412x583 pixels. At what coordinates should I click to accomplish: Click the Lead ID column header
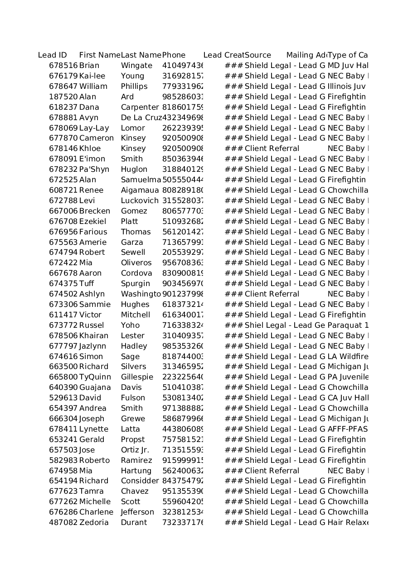click(x=52, y=55)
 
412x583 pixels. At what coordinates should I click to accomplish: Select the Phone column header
click(x=174, y=55)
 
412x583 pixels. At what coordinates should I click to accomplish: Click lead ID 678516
click(x=63, y=66)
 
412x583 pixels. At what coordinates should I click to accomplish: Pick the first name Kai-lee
click(x=92, y=76)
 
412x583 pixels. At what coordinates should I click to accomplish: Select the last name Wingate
click(x=136, y=66)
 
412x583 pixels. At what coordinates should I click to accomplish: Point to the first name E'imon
click(x=92, y=159)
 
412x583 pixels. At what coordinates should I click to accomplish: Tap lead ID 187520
click(x=63, y=97)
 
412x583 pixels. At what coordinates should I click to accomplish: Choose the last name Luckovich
click(x=140, y=201)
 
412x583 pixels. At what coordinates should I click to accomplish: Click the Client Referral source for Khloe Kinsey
click(x=272, y=149)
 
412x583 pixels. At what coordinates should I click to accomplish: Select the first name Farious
click(x=94, y=232)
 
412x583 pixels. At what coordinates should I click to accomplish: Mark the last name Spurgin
click(x=135, y=284)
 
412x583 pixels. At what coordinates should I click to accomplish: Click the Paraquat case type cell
click(x=348, y=326)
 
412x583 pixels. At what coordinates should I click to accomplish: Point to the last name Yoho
click(x=130, y=326)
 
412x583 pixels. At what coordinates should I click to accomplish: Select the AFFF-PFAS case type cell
click(x=347, y=429)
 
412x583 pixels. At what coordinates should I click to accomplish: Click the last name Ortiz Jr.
click(x=135, y=450)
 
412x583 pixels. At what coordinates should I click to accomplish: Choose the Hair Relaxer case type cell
click(x=347, y=523)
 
